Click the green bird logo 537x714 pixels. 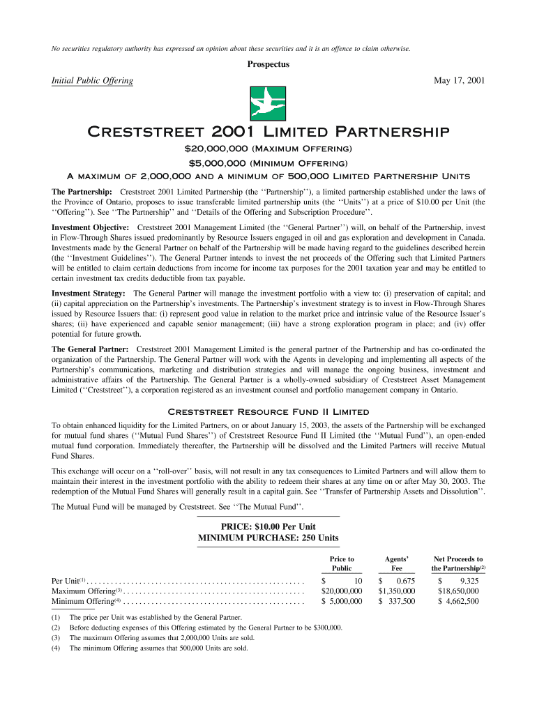tap(268, 104)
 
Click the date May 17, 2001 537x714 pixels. tap(459, 81)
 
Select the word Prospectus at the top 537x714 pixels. tap(268, 64)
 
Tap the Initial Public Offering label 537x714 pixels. tap(92, 81)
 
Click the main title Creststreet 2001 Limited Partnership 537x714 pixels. tap(268, 132)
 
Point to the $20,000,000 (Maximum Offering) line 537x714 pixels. tap(268, 149)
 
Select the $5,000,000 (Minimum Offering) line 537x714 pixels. tap(268, 162)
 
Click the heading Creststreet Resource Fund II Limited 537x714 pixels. tap(268, 411)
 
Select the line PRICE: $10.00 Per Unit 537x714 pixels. tap(268, 526)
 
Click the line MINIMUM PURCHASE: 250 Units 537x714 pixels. tap(268, 538)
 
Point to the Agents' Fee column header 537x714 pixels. tap(396, 563)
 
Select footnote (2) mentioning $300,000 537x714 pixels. tap(206, 628)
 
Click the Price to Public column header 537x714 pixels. tap(341, 563)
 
